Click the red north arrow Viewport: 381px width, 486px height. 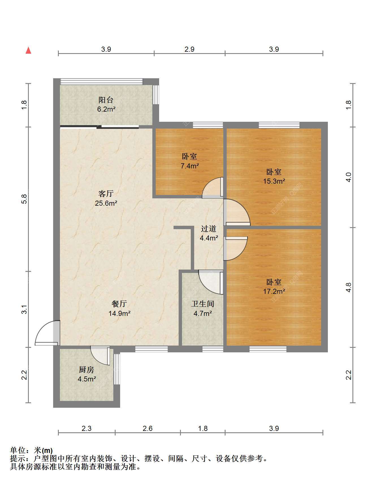pyautogui.click(x=28, y=50)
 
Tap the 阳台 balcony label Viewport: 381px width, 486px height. pyautogui.click(x=106, y=100)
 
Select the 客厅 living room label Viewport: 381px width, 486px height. pyautogui.click(x=106, y=194)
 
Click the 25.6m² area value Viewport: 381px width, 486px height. pyautogui.click(x=106, y=203)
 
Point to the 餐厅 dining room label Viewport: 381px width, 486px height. pyautogui.click(x=119, y=304)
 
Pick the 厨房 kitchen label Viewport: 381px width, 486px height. pyautogui.click(x=86, y=370)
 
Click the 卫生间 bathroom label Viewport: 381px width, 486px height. pyautogui.click(x=203, y=304)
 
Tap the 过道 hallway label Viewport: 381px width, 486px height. pyautogui.click(x=209, y=228)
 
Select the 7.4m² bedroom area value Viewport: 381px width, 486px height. pyautogui.click(x=190, y=166)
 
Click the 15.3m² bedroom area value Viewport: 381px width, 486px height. pyautogui.click(x=274, y=181)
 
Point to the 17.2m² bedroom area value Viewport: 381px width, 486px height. pyautogui.click(x=274, y=291)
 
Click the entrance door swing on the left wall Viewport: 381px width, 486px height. pyautogui.click(x=47, y=333)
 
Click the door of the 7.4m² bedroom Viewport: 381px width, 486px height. pyautogui.click(x=213, y=187)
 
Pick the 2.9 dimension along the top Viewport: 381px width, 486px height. pyautogui.click(x=189, y=49)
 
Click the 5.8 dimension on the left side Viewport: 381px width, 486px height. pyautogui.click(x=25, y=199)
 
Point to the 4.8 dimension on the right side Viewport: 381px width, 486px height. pyautogui.click(x=349, y=287)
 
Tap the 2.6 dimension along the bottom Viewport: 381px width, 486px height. pyautogui.click(x=148, y=428)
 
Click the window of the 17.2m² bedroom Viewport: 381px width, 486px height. pyautogui.click(x=268, y=349)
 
